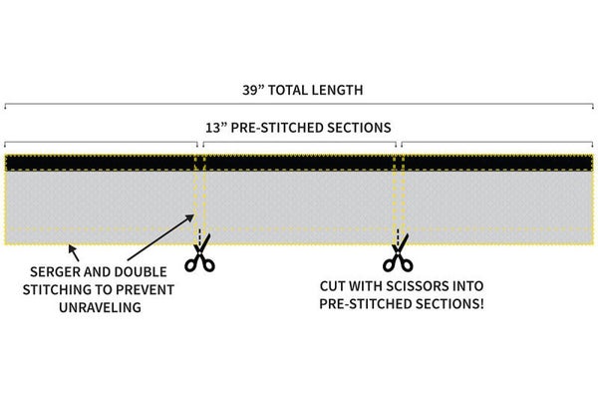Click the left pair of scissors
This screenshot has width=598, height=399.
(199, 258)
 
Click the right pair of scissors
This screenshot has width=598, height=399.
(397, 258)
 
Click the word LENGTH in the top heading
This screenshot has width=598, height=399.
(335, 90)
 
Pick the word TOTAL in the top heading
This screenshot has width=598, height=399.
(292, 90)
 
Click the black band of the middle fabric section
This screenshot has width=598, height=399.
(299, 164)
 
